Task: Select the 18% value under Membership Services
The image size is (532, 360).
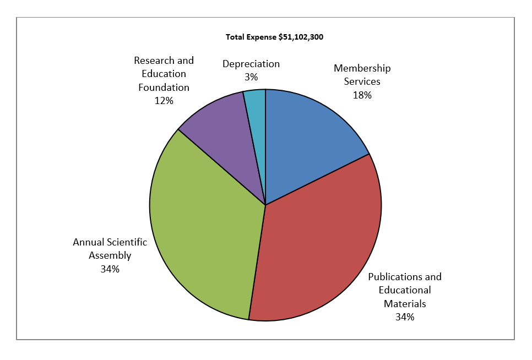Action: click(362, 95)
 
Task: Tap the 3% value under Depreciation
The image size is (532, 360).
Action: click(251, 77)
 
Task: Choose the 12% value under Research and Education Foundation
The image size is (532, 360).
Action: click(164, 100)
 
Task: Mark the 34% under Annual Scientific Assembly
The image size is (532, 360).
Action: click(110, 269)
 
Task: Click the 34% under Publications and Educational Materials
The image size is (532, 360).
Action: click(405, 317)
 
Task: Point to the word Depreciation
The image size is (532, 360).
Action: click(251, 64)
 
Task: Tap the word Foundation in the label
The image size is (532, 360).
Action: click(164, 87)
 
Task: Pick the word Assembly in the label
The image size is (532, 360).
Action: click(111, 255)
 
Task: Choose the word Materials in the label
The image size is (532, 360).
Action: click(405, 303)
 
